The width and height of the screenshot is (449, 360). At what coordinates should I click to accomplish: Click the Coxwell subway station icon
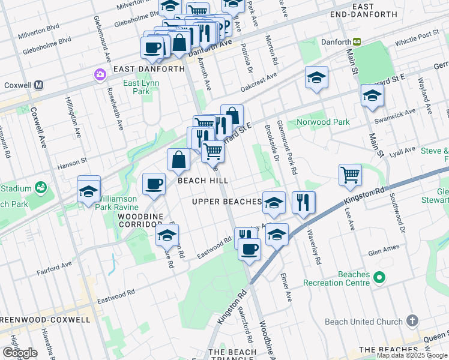pyautogui.click(x=38, y=85)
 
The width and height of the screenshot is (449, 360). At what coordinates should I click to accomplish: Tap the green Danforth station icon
pyautogui.click(x=357, y=41)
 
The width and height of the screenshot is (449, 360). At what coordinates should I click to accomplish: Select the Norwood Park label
pyautogui.click(x=323, y=122)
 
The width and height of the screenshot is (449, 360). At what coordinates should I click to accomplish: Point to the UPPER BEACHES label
pyautogui.click(x=227, y=202)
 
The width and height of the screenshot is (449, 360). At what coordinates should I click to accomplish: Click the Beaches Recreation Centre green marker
pyautogui.click(x=379, y=278)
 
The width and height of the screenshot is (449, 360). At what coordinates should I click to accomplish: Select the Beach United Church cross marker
pyautogui.click(x=411, y=321)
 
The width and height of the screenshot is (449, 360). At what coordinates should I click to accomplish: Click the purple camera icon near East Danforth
pyautogui.click(x=99, y=75)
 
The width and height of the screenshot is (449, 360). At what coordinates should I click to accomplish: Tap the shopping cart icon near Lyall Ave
pyautogui.click(x=350, y=175)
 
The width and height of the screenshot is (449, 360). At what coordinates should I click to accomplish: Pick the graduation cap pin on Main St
pyautogui.click(x=372, y=95)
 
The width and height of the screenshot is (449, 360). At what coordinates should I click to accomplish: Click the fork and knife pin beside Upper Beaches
pyautogui.click(x=304, y=202)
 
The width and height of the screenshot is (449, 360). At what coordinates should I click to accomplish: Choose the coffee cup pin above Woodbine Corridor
pyautogui.click(x=154, y=184)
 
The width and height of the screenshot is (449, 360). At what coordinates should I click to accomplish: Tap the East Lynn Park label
pyautogui.click(x=136, y=87)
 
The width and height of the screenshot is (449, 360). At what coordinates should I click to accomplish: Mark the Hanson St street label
pyautogui.click(x=72, y=160)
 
